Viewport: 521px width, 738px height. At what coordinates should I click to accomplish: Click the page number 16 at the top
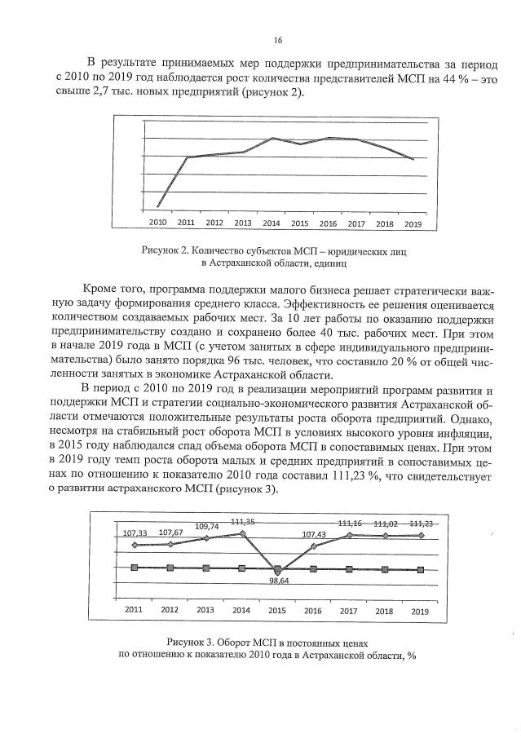[278, 39]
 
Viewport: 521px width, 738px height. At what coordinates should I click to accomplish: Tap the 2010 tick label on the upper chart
[157, 223]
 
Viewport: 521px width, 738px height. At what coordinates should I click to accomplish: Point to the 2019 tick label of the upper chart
[413, 223]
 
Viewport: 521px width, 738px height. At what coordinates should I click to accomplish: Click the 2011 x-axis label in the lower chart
[134, 609]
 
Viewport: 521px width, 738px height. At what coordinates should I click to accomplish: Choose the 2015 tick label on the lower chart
[277, 609]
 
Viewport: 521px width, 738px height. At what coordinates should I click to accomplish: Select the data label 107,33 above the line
[136, 533]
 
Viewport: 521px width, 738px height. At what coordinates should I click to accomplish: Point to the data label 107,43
[315, 535]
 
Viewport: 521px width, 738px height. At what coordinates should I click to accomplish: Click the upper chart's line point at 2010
[157, 206]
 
